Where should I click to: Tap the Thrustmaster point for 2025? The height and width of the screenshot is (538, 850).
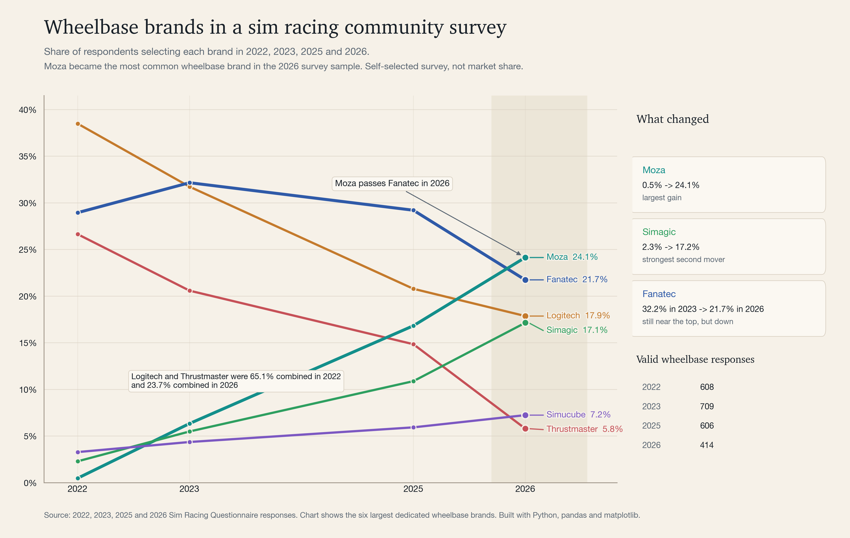(x=413, y=344)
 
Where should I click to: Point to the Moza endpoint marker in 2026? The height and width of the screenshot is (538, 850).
(x=525, y=258)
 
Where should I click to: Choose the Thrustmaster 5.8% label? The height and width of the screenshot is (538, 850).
(x=584, y=429)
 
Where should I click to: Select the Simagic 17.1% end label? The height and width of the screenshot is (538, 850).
(x=577, y=330)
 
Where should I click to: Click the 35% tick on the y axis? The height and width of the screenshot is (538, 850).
(x=28, y=156)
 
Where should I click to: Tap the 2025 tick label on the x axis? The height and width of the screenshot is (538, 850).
(x=413, y=489)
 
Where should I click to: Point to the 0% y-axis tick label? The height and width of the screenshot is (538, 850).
(x=30, y=483)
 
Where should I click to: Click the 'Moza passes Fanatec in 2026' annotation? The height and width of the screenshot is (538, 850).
(x=392, y=183)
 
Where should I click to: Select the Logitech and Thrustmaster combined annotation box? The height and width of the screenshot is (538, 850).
(x=236, y=381)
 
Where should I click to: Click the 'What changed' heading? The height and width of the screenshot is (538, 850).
(x=672, y=119)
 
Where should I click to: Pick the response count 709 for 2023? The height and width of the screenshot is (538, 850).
(x=707, y=406)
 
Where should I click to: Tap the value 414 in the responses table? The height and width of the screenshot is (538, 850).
(x=707, y=445)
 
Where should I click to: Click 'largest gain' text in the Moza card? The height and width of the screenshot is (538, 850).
(x=662, y=198)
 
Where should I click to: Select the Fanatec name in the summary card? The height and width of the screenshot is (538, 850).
(x=659, y=294)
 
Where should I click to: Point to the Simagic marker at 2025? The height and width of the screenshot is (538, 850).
(x=413, y=381)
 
